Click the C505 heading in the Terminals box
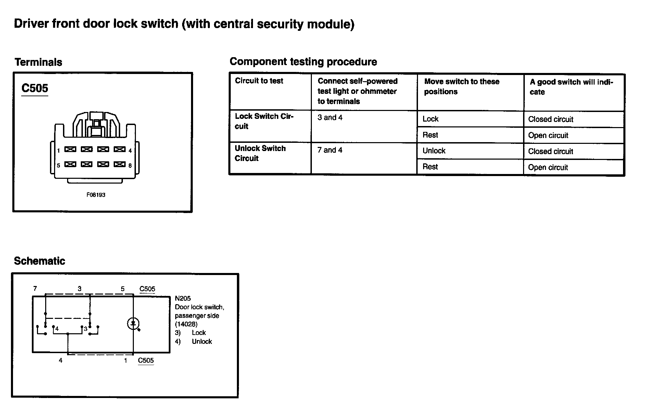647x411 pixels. pos(35,88)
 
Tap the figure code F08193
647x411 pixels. pos(96,195)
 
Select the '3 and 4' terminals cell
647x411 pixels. pos(330,117)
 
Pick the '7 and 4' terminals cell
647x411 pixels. pos(330,150)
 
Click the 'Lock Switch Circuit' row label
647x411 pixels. pos(264,121)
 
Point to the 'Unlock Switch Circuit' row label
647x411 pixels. pos(260,153)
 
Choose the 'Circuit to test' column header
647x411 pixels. pos(259,81)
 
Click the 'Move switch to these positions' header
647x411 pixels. pos(461,86)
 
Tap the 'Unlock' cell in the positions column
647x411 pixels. pos(434,151)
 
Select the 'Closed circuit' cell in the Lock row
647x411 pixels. pos(550,119)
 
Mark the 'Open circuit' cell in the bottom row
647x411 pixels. pos(548,167)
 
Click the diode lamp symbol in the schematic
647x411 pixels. pos(133,323)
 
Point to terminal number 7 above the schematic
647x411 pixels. pos(35,288)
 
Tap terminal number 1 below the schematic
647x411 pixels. pos(126,360)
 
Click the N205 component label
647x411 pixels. pos(183,298)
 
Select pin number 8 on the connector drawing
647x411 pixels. pos(130,165)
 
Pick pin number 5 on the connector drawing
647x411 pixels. pos(59,165)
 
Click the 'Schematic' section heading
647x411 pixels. pos(39,261)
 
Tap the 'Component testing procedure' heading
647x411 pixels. pos(303,62)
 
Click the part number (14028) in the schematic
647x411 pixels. pos(186,324)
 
